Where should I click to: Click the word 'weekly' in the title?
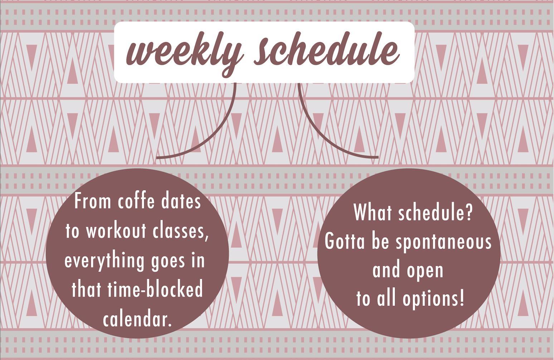click(x=184, y=53)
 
